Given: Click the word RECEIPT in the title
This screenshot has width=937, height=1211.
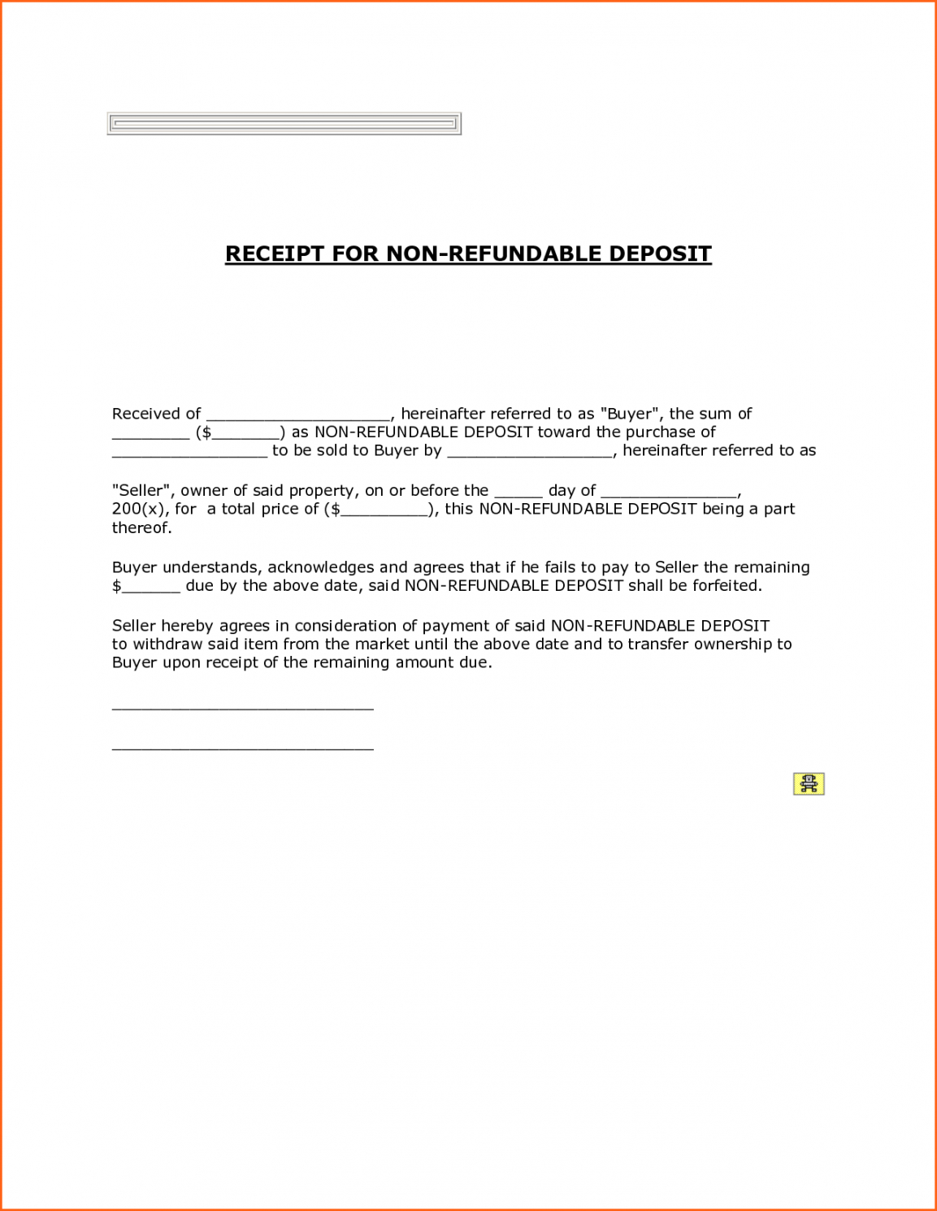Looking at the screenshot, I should point(274,254).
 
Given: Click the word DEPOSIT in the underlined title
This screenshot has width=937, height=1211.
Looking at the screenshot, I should point(660,254).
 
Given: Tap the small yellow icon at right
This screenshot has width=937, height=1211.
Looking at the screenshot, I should point(809,783).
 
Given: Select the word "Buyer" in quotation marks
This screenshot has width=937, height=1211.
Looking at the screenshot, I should point(628,414).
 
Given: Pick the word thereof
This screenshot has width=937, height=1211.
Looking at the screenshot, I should point(141,528).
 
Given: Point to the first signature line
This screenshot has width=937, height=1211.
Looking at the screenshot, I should point(242,708).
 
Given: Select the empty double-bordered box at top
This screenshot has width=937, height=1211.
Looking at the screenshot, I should point(284,124).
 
